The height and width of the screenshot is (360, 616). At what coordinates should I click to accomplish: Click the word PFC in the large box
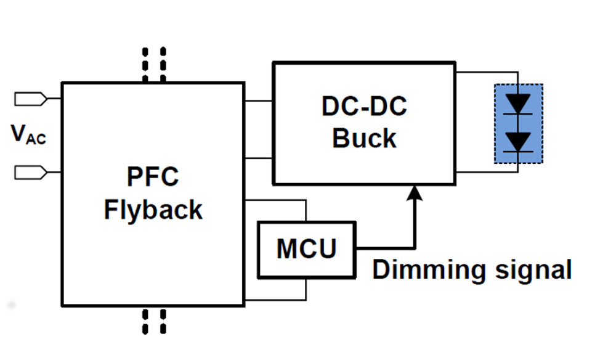pos(153,177)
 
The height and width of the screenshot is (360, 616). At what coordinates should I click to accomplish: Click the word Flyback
pos(153,210)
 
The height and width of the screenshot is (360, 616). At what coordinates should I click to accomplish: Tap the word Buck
pos(364,138)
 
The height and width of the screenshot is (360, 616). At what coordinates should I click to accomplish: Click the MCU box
pos(306,249)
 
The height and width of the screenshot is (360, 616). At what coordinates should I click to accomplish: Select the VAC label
pos(28,134)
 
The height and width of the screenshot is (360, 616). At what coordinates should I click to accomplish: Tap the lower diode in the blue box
pos(518,141)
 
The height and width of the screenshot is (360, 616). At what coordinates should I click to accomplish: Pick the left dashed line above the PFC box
pos(146,64)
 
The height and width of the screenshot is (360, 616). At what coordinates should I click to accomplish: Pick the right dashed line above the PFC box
pos(163,64)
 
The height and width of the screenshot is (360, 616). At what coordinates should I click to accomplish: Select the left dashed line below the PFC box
pos(146,321)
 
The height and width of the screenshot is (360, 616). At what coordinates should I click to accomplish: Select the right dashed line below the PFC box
pos(163,321)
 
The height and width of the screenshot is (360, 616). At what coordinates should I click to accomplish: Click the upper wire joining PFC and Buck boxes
pos(259,100)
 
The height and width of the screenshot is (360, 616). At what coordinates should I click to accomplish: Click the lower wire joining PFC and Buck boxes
pos(259,158)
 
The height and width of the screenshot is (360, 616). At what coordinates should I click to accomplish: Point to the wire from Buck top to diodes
pos(487,72)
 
